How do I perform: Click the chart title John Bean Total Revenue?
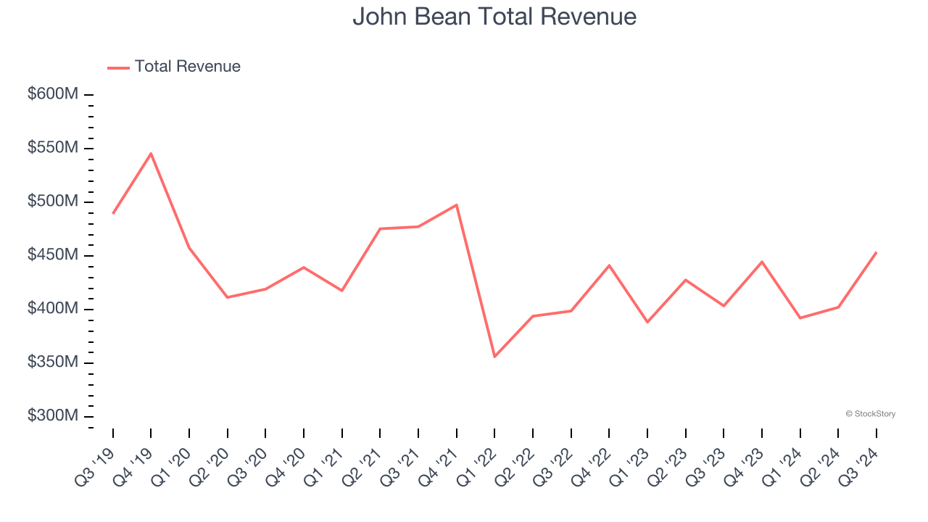(494, 17)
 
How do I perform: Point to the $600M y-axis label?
(53, 94)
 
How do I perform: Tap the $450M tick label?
(53, 255)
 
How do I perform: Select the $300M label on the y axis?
(53, 416)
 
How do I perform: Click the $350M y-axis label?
(53, 362)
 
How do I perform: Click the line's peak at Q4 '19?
(151, 153)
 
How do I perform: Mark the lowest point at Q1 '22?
(494, 357)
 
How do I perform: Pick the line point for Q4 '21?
(457, 205)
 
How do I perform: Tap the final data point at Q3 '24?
(877, 252)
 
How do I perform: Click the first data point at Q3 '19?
(113, 213)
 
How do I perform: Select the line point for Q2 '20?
(228, 297)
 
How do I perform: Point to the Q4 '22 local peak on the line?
(609, 265)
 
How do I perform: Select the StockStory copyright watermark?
(870, 414)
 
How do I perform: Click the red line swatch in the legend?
(118, 67)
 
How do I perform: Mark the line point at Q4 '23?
(762, 262)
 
